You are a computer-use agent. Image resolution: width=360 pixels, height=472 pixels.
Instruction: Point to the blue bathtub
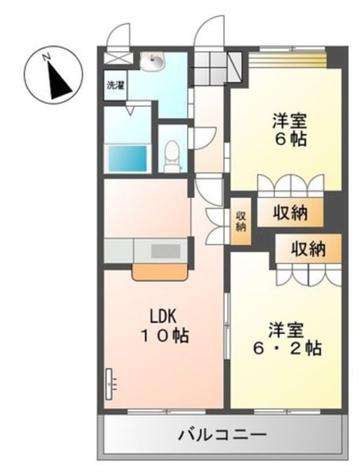click(127, 158)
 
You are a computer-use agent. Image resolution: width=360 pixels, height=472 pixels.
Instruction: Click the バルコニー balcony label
click(223, 435)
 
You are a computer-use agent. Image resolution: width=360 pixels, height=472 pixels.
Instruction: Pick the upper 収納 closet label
click(290, 213)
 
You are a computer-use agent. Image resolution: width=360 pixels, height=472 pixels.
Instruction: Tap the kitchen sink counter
click(169, 250)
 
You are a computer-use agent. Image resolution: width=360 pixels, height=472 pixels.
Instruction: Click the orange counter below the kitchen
click(161, 271)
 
